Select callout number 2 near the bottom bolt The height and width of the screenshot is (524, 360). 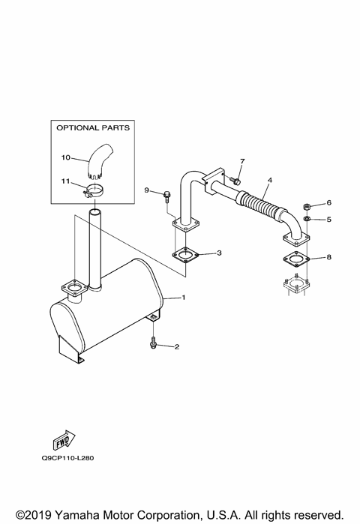177,346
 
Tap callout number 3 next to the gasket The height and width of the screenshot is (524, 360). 218,253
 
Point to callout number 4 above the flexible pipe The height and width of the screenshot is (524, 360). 268,181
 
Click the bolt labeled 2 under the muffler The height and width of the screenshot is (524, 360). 154,343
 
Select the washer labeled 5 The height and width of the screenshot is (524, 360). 307,219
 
